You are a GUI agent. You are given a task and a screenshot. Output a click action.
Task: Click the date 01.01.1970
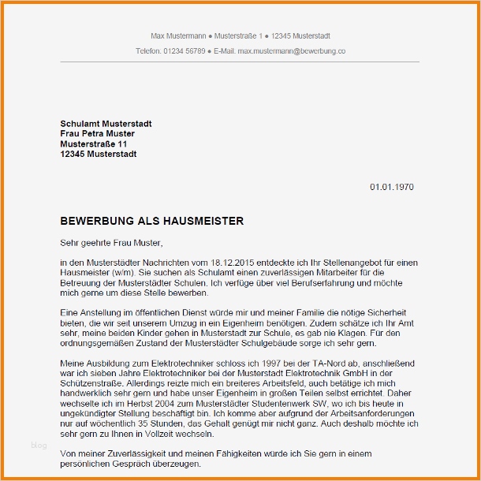391,187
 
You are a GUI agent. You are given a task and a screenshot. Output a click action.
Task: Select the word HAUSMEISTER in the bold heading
203,222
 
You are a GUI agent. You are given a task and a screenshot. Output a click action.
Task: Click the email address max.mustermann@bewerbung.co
292,50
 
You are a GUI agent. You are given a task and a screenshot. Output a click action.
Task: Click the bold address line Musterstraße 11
94,144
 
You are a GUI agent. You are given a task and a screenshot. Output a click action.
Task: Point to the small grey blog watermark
39,446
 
